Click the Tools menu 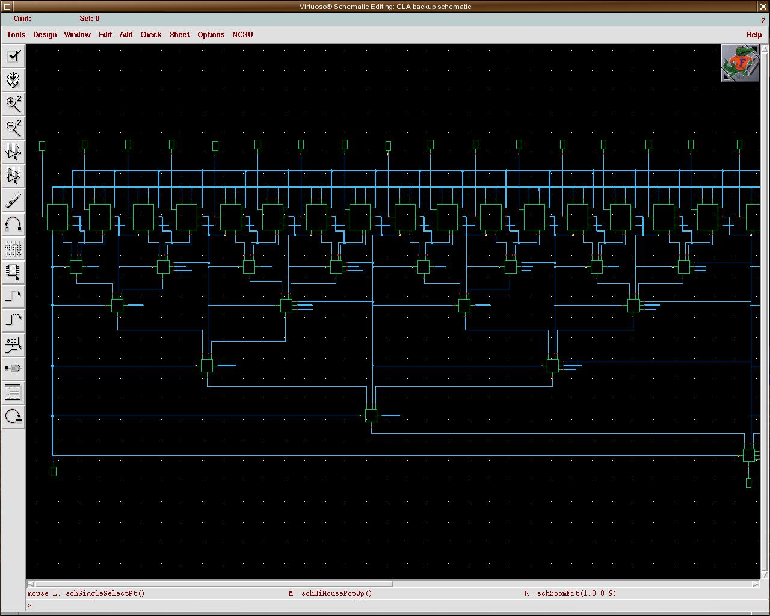coord(16,35)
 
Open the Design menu coord(45,35)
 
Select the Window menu coord(77,35)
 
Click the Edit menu coord(105,35)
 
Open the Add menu coord(126,35)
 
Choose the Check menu coord(150,35)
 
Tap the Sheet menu coord(179,35)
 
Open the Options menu coord(211,35)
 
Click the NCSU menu coord(242,35)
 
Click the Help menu coord(754,35)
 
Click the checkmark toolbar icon coord(13,56)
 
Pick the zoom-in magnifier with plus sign coord(13,104)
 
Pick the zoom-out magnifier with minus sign coord(13,128)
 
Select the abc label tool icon coord(13,345)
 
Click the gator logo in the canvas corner coord(740,63)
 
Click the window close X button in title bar coord(763,7)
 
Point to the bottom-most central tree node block coord(371,416)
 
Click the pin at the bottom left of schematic coord(54,472)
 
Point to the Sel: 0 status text coord(90,19)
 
